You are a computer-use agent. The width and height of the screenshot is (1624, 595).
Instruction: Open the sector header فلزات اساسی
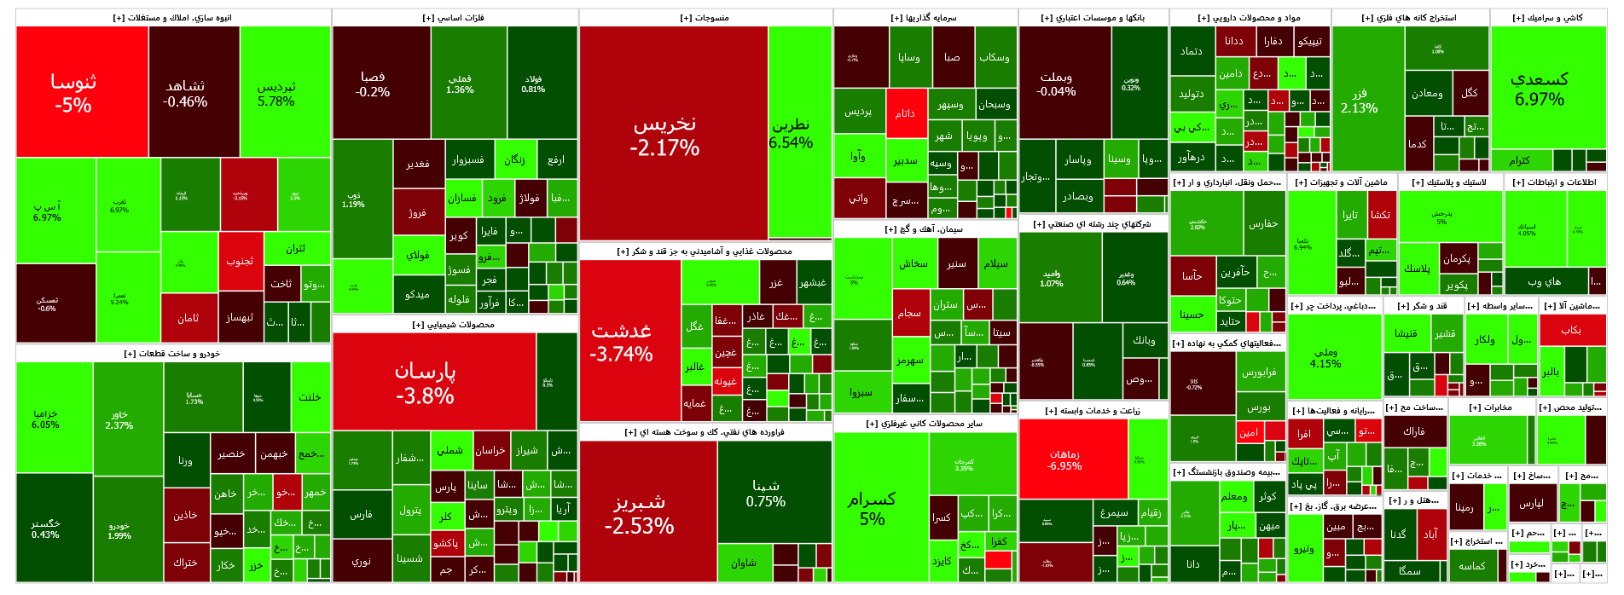454,18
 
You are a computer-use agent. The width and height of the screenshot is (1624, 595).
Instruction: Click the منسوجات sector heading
705,18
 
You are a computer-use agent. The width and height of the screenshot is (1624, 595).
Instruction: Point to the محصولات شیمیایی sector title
454,325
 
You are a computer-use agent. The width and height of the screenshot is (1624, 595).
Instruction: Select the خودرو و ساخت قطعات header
172,354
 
